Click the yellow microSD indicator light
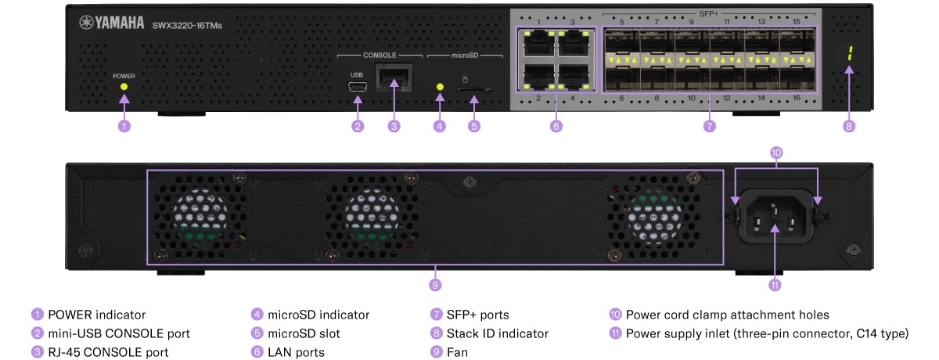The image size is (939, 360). point(440,88)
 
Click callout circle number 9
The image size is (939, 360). point(436,283)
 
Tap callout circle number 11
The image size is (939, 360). point(775,285)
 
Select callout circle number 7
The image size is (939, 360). point(710,126)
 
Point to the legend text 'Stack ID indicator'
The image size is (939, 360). point(497,333)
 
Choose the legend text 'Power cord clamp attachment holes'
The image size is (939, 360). point(727,315)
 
